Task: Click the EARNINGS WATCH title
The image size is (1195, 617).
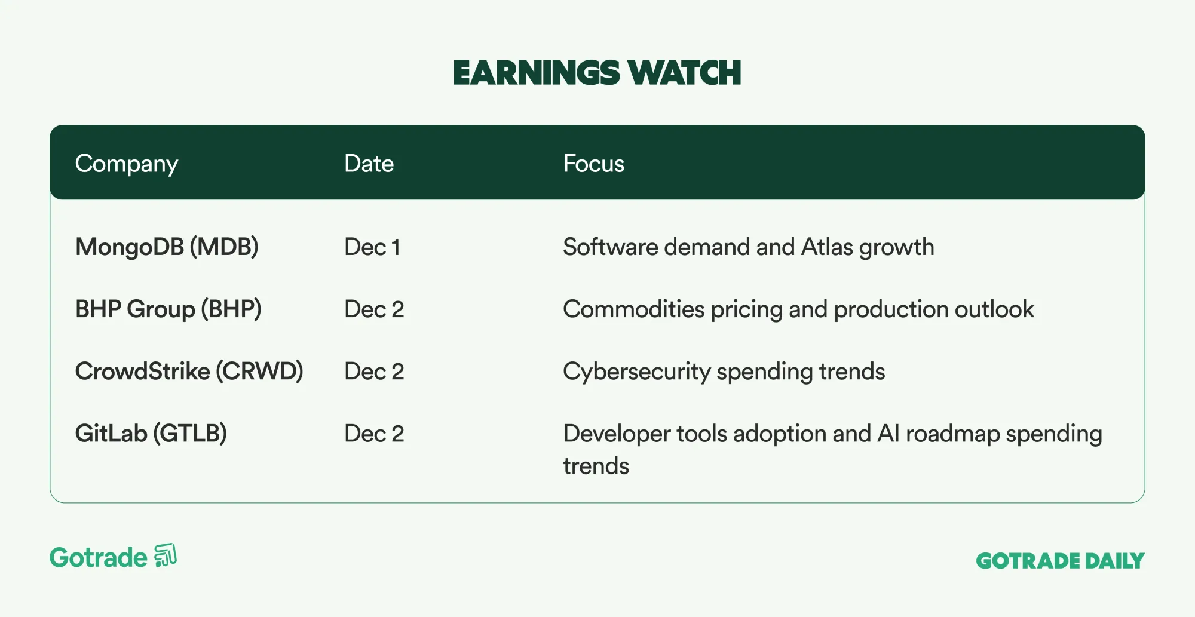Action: point(597,73)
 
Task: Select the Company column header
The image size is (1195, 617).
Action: point(127,164)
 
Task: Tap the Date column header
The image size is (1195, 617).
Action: point(369,164)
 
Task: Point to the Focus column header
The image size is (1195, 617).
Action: point(593,164)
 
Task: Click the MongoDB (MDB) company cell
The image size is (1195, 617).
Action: point(167,247)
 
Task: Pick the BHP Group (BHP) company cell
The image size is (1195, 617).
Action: point(168,309)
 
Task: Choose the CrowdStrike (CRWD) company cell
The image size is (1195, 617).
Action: point(189,372)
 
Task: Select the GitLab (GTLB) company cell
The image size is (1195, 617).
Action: point(151,434)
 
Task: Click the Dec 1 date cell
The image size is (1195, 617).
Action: point(372,247)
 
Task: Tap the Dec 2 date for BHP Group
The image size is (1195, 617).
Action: point(374,309)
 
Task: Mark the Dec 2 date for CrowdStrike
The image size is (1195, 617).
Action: point(374,372)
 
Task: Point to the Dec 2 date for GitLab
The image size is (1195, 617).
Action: point(374,434)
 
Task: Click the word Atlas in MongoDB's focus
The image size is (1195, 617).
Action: point(827,247)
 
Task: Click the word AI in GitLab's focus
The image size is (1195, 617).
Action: point(888,434)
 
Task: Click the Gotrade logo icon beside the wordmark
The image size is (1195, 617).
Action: point(166,555)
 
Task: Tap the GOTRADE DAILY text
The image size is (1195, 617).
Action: point(1060,561)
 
